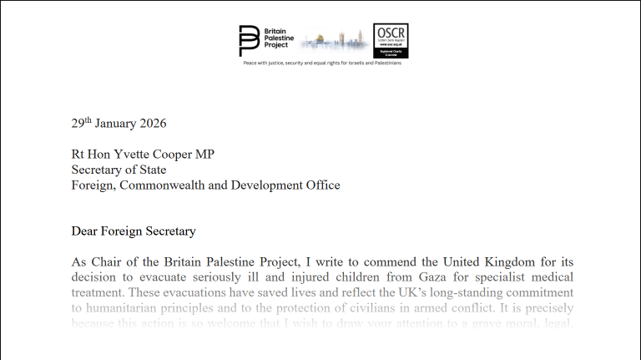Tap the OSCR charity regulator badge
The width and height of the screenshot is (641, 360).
[x=391, y=40]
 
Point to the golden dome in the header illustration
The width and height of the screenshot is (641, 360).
[x=313, y=39]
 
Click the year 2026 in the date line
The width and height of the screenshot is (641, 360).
[x=151, y=124]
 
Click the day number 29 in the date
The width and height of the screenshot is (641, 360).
[x=77, y=124]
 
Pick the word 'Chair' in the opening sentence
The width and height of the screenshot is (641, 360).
[x=110, y=261]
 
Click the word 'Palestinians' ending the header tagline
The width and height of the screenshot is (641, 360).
[x=386, y=63]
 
